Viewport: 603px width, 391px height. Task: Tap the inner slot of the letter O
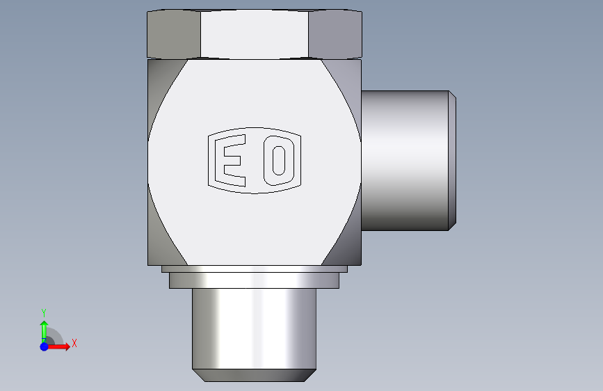point(279,161)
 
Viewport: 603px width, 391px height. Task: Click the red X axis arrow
point(58,346)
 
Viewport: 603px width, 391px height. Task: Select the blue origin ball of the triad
point(45,346)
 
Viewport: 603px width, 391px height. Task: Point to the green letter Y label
point(44,313)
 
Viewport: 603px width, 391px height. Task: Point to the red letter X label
point(74,343)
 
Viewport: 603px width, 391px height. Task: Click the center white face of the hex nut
point(254,35)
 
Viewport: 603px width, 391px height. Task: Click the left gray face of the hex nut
point(174,35)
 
